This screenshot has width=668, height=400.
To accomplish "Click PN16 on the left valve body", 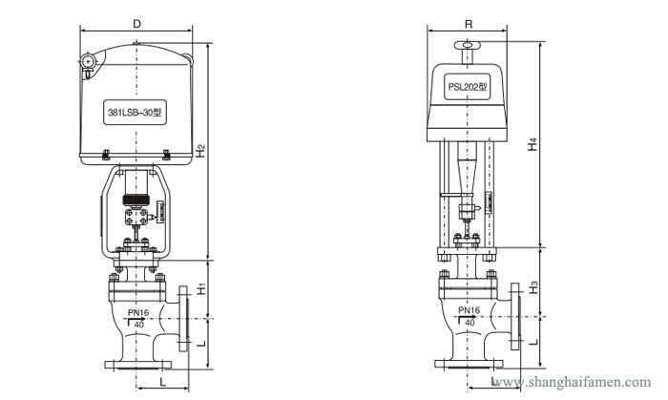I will coord(138,311).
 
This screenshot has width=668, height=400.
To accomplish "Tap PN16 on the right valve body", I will coord(468,310).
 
